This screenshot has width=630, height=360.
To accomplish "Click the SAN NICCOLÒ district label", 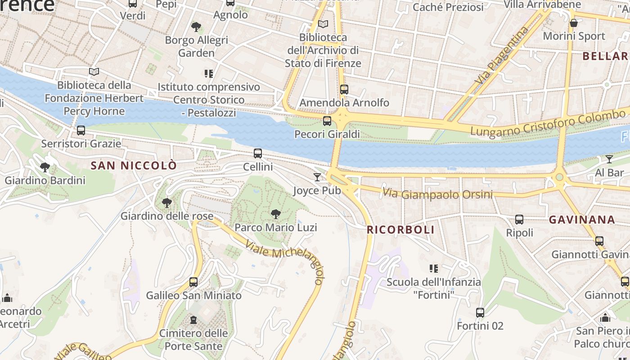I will pos(134,166).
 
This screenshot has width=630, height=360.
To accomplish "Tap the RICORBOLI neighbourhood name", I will pos(400,230).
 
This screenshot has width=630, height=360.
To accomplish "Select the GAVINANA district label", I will pos(582,220).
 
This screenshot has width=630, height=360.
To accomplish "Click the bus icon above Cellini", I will pos(258,153).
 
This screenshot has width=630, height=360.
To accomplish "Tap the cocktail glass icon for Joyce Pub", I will pos(317,177).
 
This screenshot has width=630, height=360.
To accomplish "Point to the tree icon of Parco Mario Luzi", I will pos(276,214).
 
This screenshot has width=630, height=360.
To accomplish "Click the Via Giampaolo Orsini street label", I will pos(437,194).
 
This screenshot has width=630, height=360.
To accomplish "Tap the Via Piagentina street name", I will pos(502,56).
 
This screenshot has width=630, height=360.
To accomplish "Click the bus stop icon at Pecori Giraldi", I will pos(327,121).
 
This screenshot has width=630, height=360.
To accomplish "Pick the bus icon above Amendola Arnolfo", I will pos(344,90).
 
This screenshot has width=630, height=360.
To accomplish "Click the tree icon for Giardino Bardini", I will pos(45,168).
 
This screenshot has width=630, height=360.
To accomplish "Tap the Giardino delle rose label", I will pos(167,216).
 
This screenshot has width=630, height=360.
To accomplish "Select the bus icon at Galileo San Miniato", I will pos(193,282).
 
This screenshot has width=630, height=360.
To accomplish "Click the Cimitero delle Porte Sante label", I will pos(193,340).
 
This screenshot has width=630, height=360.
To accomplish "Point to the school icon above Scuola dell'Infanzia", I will pos(434,269).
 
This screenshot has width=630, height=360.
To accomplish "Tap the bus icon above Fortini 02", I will pos(480,313).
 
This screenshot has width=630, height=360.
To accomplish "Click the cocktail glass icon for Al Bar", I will pos(609,159).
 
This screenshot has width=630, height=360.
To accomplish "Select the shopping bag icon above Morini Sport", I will pos(574,22).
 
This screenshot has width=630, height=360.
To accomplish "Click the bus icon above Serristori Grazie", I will pos(81,130).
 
